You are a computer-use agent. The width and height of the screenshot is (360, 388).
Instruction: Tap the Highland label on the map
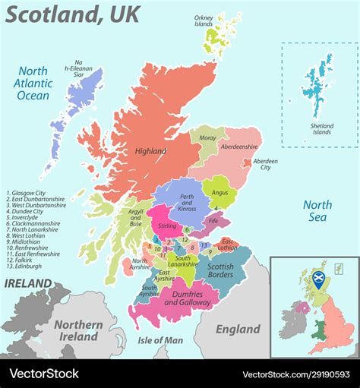(150, 151)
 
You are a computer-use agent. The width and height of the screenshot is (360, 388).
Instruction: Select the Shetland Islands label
(321, 128)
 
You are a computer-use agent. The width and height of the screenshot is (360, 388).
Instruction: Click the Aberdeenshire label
(239, 146)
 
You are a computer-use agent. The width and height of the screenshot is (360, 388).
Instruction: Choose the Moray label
(207, 137)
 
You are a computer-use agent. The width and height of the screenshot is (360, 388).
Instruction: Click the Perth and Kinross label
(186, 203)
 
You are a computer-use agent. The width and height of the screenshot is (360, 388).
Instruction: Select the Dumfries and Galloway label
(187, 298)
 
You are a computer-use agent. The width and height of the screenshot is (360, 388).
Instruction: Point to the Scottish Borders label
(220, 271)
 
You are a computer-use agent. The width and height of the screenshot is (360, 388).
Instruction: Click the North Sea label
(317, 210)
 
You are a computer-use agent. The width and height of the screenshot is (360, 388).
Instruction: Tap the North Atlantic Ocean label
(33, 84)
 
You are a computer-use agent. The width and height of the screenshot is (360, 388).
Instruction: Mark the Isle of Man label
(160, 339)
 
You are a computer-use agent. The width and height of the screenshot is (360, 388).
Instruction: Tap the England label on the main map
(238, 329)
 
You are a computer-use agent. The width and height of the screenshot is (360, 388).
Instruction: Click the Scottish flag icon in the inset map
(320, 277)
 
